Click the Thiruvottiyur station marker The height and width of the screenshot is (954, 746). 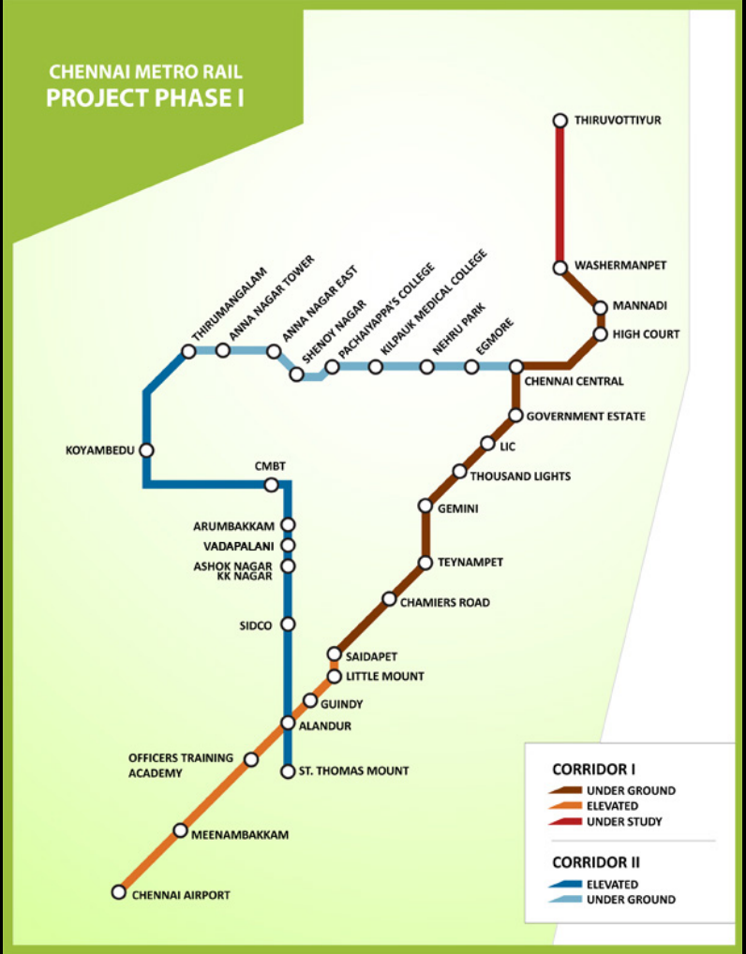[560, 120]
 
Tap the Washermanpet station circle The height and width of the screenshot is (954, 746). [560, 268]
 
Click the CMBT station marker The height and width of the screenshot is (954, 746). [271, 485]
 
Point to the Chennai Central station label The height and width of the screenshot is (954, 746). [574, 382]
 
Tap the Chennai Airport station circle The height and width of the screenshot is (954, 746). [118, 892]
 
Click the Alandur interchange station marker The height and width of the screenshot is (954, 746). [288, 723]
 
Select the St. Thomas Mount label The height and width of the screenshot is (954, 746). [353, 771]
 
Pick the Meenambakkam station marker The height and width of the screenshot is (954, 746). [180, 830]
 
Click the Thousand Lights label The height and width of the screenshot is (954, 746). [520, 477]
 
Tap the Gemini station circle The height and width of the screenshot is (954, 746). [425, 506]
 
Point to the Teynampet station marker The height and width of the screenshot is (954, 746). [425, 563]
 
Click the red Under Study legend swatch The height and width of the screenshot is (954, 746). [564, 822]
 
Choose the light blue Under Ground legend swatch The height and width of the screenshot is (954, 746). [564, 900]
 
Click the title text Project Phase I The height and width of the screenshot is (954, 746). [145, 97]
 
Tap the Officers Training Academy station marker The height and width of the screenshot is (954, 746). [250, 759]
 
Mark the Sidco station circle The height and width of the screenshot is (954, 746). [288, 624]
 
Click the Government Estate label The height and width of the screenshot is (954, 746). [586, 416]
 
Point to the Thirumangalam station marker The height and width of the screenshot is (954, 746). [188, 351]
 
